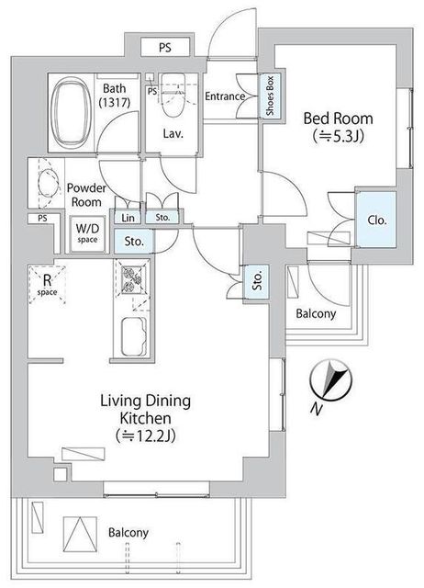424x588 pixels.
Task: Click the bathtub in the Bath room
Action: [71, 112]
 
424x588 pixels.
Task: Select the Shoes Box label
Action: [270, 96]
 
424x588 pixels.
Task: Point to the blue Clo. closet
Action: [376, 220]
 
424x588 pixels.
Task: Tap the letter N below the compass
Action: [317, 410]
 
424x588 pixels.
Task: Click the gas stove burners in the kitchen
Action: [132, 278]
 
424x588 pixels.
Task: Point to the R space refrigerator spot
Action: [47, 285]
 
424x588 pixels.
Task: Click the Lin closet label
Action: [128, 218]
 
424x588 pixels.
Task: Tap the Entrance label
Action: [225, 96]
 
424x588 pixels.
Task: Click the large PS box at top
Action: [165, 48]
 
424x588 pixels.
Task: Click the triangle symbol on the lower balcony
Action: [80, 534]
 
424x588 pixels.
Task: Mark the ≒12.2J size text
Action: [145, 435]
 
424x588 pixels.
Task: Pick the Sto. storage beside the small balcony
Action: [257, 282]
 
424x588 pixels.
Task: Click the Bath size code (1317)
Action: [114, 102]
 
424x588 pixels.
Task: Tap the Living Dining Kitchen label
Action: [145, 409]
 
